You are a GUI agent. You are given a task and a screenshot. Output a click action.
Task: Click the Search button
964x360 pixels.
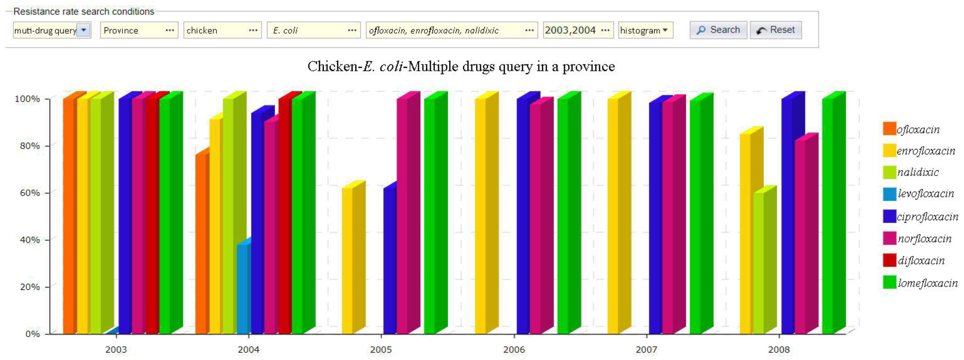click(718, 30)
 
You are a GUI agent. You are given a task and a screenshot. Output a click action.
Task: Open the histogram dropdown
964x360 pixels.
click(645, 30)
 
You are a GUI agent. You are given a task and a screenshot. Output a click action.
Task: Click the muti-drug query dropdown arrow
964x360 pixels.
click(83, 30)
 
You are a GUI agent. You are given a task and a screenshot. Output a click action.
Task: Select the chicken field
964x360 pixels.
click(222, 30)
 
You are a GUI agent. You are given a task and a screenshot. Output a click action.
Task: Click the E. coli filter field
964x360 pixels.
click(313, 30)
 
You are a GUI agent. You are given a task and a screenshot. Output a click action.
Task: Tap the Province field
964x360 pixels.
click(139, 30)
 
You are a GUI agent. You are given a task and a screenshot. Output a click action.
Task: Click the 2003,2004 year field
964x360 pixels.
click(577, 30)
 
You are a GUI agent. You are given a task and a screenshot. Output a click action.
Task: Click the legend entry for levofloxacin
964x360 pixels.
click(925, 194)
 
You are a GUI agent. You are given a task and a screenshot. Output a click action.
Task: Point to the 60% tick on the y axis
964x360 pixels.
click(30, 193)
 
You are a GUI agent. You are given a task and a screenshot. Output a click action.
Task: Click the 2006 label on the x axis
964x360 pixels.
click(514, 350)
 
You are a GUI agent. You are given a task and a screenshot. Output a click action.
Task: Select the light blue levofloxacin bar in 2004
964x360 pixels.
click(243, 288)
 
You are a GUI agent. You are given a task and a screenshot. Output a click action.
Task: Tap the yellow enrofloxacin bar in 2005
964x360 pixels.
click(348, 262)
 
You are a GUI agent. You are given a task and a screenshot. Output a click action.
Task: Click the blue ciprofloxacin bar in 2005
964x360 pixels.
click(389, 262)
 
